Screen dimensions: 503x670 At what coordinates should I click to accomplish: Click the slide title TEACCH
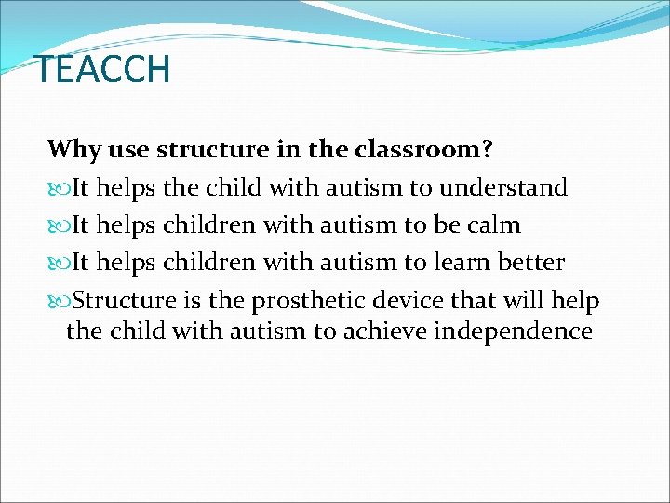(102, 70)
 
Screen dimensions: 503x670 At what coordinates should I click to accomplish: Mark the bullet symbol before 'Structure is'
(59, 302)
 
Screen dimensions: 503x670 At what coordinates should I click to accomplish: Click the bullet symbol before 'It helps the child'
(59, 188)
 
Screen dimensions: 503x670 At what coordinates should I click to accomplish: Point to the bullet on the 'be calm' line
(59, 226)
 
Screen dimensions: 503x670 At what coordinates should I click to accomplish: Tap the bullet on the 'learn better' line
(59, 264)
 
